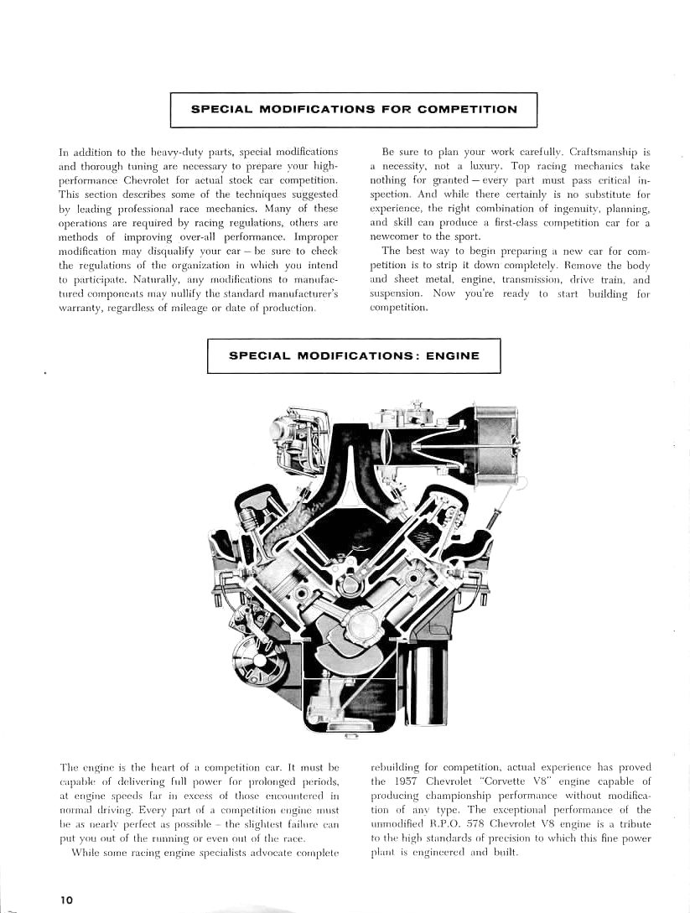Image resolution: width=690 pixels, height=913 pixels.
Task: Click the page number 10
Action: [66, 899]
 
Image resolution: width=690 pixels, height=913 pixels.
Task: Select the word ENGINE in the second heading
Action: [453, 355]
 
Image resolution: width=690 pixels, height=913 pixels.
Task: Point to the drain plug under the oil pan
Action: [351, 737]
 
